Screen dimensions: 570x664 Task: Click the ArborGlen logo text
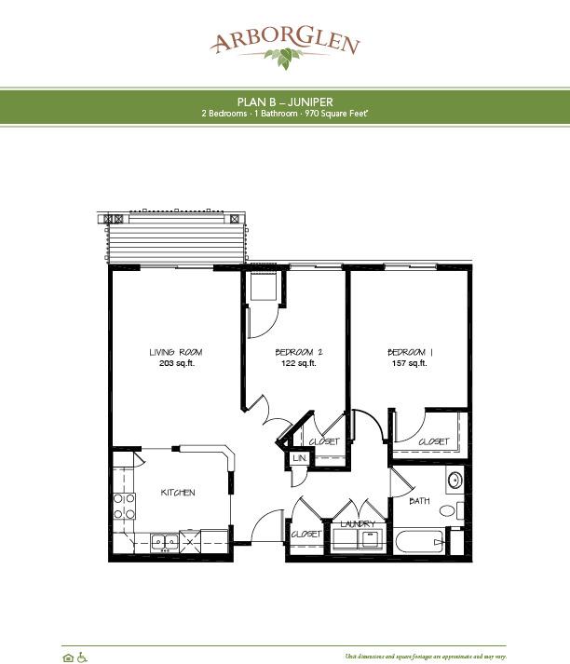[x=285, y=41]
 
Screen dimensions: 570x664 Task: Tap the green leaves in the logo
[x=283, y=58]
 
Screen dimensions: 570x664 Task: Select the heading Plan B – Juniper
[x=285, y=102]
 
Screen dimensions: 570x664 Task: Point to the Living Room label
[x=176, y=352]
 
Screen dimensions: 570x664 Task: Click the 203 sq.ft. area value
[x=177, y=363]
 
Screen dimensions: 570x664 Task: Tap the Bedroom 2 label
[x=299, y=352]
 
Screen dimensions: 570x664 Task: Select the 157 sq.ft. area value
[x=409, y=363]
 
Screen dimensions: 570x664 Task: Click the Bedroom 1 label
[x=410, y=352]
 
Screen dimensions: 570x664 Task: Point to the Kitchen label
[x=178, y=493]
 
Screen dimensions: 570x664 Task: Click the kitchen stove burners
[x=124, y=507]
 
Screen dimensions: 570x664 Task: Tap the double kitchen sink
[x=165, y=542]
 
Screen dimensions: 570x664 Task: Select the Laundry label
[x=358, y=524]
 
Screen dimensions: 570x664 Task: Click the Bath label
[x=419, y=501]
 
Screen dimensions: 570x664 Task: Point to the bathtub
[x=419, y=542]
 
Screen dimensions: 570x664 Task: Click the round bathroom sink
[x=455, y=481]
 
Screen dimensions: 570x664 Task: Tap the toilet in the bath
[x=452, y=510]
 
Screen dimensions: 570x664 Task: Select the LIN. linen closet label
[x=299, y=458]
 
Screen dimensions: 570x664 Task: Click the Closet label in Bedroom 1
[x=434, y=441]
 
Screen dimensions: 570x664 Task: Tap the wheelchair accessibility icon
[x=82, y=657]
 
